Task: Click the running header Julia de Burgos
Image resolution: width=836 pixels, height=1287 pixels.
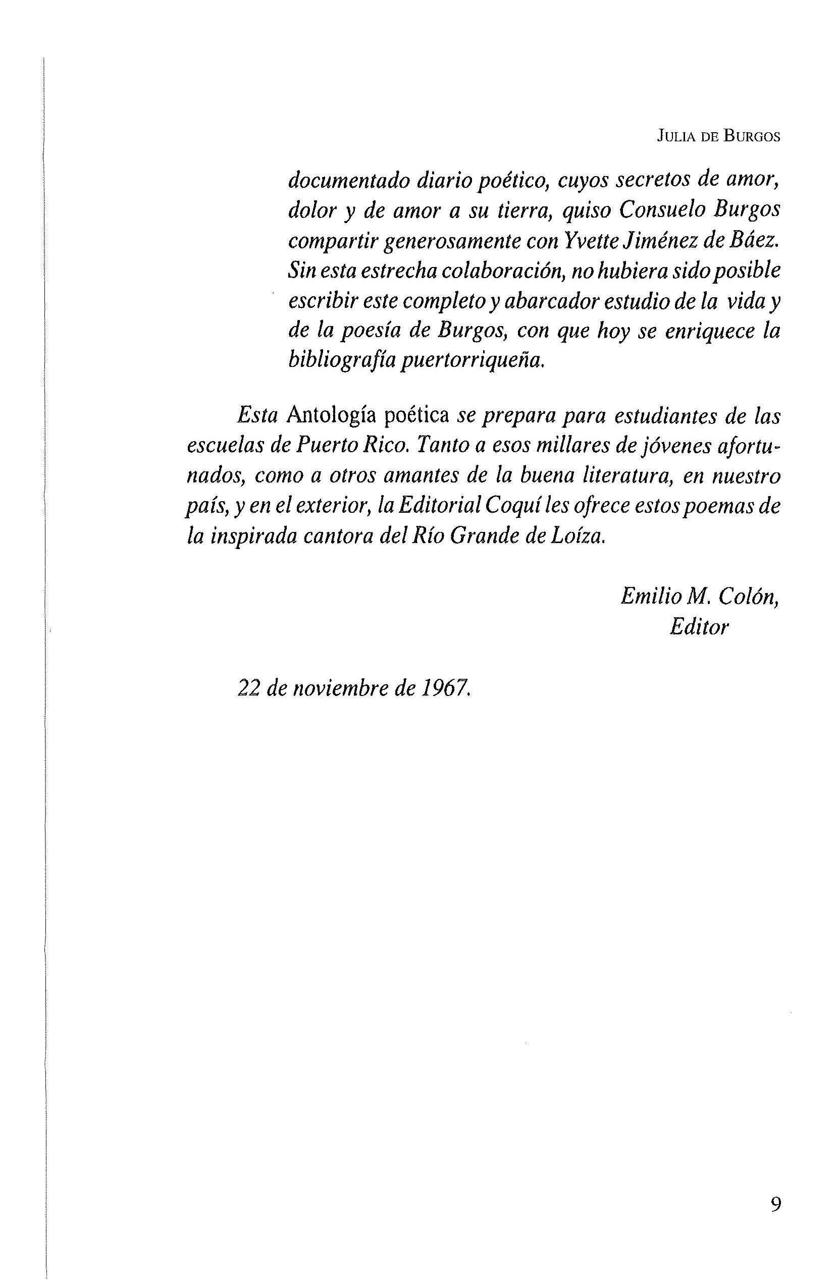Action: [719, 137]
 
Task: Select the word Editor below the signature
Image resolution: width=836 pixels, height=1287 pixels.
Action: [699, 627]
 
